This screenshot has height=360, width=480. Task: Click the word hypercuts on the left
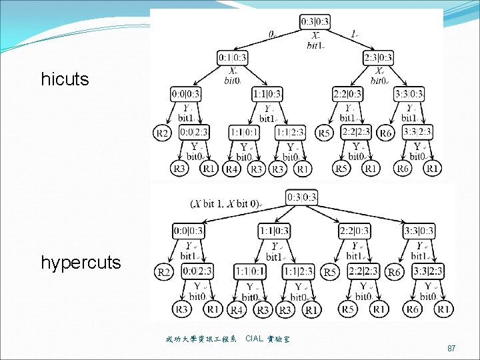click(x=81, y=263)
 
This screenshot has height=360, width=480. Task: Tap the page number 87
click(x=451, y=349)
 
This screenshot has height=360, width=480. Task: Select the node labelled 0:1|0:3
click(x=232, y=57)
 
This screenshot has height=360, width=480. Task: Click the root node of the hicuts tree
click(x=315, y=21)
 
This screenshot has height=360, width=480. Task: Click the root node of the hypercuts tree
click(x=302, y=197)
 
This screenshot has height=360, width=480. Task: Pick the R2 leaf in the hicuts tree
click(x=162, y=133)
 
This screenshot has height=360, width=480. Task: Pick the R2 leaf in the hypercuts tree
click(x=165, y=272)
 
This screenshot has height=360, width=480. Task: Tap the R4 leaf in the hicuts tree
click(x=232, y=169)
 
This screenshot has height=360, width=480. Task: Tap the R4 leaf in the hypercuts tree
click(x=237, y=309)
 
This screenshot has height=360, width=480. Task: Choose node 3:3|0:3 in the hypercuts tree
click(x=419, y=231)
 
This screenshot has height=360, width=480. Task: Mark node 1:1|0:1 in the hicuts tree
click(x=244, y=133)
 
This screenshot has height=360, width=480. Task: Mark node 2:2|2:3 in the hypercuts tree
click(x=363, y=271)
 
